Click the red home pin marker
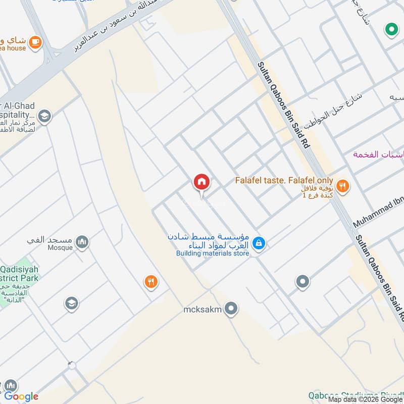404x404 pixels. pyautogui.click(x=201, y=182)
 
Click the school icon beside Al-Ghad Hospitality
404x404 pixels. pyautogui.click(x=44, y=117)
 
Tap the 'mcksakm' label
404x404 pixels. pyautogui.click(x=203, y=309)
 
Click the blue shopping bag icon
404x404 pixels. pyautogui.click(x=259, y=243)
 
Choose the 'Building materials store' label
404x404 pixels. pyautogui.click(x=213, y=254)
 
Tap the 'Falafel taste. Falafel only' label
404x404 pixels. pyautogui.click(x=284, y=180)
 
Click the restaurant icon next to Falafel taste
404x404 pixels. pyautogui.click(x=343, y=186)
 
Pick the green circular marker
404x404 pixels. pyautogui.click(x=391, y=30)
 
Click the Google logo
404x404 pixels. pyautogui.click(x=21, y=396)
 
